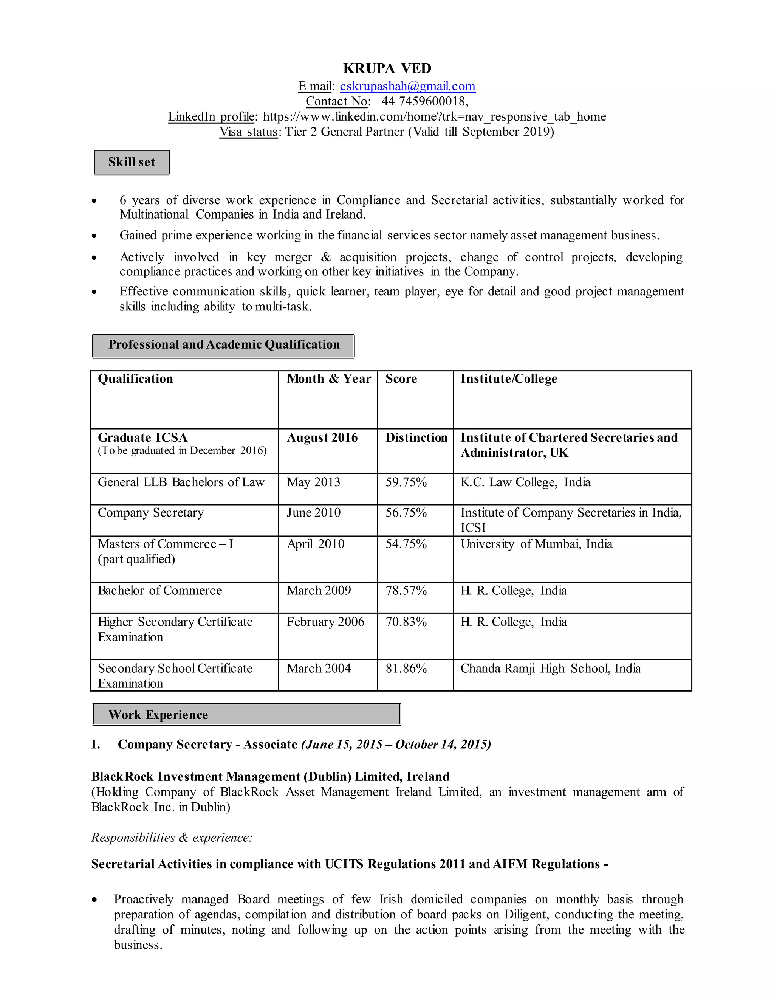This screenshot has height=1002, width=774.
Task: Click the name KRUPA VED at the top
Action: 387,68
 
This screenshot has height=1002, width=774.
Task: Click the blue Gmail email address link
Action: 407,86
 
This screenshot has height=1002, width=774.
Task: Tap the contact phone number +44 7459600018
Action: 421,101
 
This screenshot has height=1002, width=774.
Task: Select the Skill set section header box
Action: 132,163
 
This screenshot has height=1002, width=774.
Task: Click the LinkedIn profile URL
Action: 434,116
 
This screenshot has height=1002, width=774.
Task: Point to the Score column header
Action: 401,379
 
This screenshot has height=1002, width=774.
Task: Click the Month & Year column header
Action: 328,379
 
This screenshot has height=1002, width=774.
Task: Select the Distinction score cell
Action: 416,438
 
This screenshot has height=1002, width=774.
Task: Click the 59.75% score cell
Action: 406,482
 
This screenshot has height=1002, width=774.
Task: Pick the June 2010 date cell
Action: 314,512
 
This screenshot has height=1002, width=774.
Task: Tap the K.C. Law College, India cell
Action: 525,482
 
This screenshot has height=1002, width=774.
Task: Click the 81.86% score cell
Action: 406,669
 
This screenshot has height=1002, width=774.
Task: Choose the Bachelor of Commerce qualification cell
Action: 159,591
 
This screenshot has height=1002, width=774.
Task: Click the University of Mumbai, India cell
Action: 536,544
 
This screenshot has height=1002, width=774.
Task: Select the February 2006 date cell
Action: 325,622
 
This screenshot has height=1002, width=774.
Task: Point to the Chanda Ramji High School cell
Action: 550,669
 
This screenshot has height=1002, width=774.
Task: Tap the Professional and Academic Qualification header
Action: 223,345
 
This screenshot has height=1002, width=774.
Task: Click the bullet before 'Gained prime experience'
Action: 94,236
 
